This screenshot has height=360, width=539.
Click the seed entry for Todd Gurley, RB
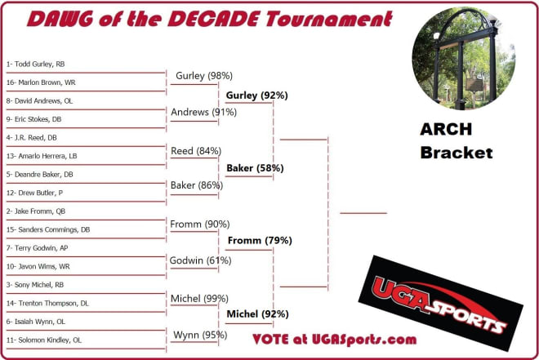click(x=35, y=64)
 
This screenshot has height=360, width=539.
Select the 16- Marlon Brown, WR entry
click(x=41, y=82)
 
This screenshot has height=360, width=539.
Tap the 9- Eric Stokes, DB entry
click(x=33, y=119)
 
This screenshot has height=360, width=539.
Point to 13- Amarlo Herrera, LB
click(x=42, y=156)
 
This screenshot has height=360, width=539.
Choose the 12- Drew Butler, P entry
click(x=34, y=193)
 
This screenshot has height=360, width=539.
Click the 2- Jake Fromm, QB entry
click(x=36, y=211)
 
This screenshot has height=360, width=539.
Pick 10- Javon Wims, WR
click(x=38, y=266)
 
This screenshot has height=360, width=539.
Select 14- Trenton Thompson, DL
click(x=47, y=304)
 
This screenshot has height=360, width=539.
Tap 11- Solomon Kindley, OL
click(x=44, y=340)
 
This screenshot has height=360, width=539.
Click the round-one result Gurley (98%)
click(x=204, y=76)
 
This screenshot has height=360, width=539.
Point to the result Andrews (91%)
click(x=204, y=112)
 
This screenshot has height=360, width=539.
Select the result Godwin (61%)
click(x=200, y=260)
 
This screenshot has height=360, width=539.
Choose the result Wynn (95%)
click(x=200, y=335)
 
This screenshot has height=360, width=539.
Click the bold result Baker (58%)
click(x=255, y=168)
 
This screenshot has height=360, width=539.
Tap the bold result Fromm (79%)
click(x=260, y=241)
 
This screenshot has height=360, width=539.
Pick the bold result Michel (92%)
click(x=258, y=314)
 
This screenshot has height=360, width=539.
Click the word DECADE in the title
click(x=213, y=19)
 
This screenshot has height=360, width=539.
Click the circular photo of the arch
click(x=463, y=58)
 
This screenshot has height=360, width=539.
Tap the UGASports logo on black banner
click(x=441, y=303)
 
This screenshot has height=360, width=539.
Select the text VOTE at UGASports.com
click(x=335, y=340)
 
